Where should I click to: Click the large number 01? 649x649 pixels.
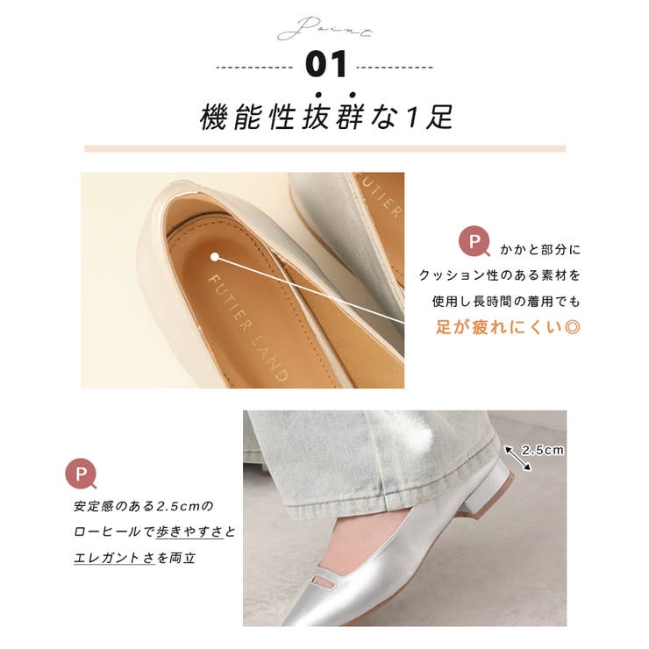click(326, 65)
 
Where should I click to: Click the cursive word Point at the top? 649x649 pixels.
click(324, 28)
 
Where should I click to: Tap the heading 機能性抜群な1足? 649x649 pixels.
click(326, 117)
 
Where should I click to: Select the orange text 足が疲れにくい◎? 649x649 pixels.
click(508, 327)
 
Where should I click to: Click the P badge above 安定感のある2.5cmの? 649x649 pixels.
click(82, 474)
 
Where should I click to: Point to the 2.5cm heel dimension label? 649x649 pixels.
click(543, 450)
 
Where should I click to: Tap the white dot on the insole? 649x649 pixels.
click(215, 257)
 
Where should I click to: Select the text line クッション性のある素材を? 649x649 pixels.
click(500, 275)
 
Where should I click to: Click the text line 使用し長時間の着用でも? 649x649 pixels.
click(505, 302)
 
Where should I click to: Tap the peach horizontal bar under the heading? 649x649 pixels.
click(324, 149)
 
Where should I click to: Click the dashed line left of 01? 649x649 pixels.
click(254, 67)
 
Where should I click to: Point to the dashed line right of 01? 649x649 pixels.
click(395, 67)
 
